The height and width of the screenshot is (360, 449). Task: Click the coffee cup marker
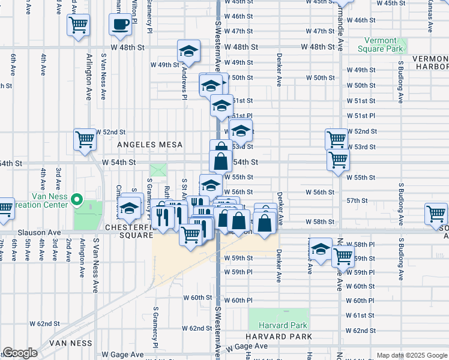click(x=120, y=25)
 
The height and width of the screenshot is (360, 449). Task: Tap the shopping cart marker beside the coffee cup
click(x=79, y=26)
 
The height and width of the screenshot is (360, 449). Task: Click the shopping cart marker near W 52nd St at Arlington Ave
click(x=85, y=139)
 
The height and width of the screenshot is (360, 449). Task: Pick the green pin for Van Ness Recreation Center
click(x=76, y=199)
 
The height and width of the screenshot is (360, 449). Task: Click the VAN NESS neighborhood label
click(x=71, y=343)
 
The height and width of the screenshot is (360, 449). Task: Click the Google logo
click(x=19, y=353)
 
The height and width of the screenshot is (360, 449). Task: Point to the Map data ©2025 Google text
click(x=411, y=355)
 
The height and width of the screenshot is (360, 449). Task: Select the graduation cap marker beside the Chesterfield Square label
click(x=130, y=209)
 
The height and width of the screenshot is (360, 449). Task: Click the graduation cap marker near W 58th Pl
click(x=321, y=248)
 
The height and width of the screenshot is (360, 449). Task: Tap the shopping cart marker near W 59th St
click(x=343, y=256)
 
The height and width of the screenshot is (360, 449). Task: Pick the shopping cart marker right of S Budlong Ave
click(x=436, y=214)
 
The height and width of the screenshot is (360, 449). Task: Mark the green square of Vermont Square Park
click(x=400, y=46)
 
